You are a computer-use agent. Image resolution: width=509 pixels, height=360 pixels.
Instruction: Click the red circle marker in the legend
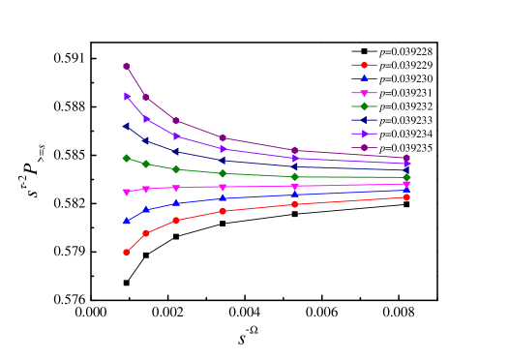click(x=364, y=65)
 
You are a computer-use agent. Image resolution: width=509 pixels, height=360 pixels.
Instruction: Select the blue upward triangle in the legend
click(x=364, y=78)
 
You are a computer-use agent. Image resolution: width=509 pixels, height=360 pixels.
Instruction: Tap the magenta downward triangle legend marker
click(x=364, y=93)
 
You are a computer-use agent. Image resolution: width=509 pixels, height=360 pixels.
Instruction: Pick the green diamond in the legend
click(x=364, y=106)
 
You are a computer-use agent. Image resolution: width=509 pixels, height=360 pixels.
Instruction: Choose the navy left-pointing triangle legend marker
click(x=364, y=120)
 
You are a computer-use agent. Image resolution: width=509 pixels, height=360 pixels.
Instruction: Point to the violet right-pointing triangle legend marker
click(x=364, y=134)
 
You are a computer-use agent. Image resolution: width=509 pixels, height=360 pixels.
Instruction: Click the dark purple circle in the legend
click(x=364, y=148)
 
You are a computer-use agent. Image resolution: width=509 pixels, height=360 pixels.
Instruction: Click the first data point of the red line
click(x=127, y=253)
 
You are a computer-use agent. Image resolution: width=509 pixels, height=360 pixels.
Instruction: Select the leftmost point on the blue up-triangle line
click(x=127, y=221)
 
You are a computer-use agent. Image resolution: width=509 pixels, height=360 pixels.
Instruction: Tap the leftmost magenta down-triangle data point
click(x=127, y=193)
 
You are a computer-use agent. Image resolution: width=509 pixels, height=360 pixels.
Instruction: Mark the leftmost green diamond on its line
click(x=127, y=158)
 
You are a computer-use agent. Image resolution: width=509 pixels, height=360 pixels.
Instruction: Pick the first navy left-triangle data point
click(x=127, y=126)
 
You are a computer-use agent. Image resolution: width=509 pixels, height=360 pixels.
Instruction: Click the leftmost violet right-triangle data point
click(x=127, y=96)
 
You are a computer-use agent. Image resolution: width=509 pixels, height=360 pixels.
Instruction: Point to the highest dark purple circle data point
click(x=127, y=66)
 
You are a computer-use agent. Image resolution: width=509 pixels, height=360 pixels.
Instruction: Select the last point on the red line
click(x=406, y=197)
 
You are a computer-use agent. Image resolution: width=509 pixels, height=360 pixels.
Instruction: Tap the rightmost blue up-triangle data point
click(x=406, y=190)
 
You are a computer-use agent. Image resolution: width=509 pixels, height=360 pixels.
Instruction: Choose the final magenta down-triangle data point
click(x=406, y=184)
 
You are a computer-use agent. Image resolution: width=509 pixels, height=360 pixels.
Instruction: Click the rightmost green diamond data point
click(x=406, y=177)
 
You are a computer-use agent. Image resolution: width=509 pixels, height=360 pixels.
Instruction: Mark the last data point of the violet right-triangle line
click(x=406, y=165)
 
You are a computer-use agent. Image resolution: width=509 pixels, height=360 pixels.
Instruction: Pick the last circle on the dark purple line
click(x=406, y=158)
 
